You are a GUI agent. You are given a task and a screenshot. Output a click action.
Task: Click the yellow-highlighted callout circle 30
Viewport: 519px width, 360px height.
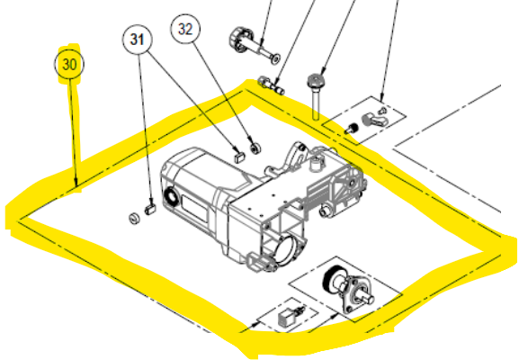69,66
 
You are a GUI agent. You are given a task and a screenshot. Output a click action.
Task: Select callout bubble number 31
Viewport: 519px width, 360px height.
137,40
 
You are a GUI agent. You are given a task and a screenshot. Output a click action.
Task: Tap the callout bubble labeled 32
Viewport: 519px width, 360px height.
185,29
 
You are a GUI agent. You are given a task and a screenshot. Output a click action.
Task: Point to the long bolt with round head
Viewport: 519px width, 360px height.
316,95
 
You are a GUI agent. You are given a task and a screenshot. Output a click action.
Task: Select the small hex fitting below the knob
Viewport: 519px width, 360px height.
271,86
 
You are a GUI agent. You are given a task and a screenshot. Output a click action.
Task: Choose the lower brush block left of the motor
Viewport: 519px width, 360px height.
150,209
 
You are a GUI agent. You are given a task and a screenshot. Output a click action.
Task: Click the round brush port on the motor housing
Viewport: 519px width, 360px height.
171,197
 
